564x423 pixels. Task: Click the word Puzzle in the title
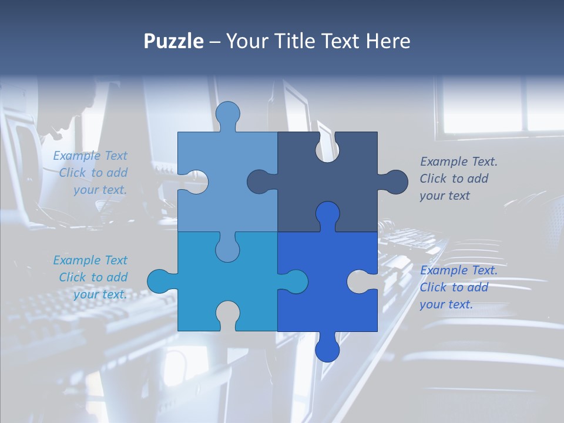(x=173, y=41)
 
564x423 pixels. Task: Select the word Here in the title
(x=388, y=41)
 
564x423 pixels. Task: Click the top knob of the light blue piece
(x=228, y=114)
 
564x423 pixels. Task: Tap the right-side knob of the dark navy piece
(x=394, y=182)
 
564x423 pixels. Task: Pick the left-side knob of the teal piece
(x=160, y=281)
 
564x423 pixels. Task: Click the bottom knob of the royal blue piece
(x=327, y=348)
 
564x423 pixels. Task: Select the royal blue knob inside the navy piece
(x=327, y=214)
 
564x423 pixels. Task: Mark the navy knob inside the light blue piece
(x=260, y=182)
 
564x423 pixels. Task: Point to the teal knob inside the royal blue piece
(x=294, y=281)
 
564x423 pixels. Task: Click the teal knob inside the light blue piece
(x=227, y=247)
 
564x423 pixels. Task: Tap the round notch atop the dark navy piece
(x=327, y=147)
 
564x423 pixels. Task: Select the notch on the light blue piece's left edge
(x=194, y=182)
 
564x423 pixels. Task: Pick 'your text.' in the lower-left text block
(x=100, y=294)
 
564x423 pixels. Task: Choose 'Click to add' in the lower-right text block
(x=454, y=287)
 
